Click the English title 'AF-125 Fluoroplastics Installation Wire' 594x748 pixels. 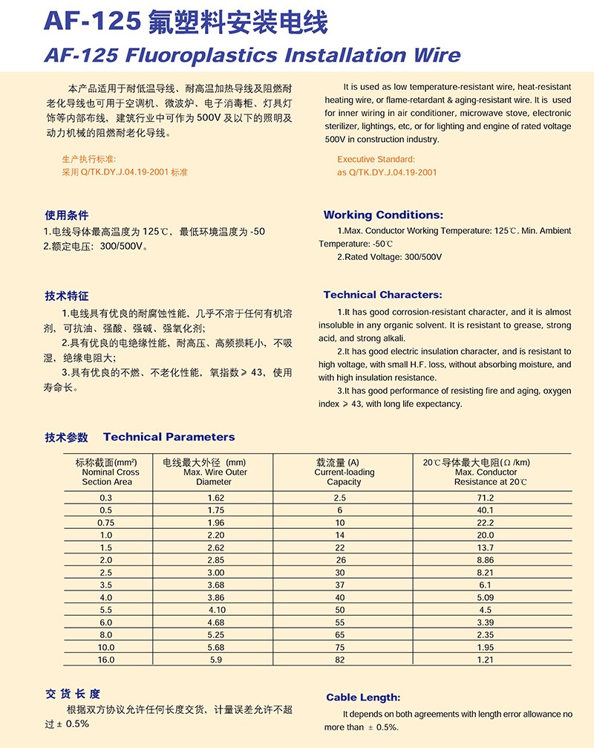252,54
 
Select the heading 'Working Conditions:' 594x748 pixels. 383,215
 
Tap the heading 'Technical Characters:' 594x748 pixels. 382,295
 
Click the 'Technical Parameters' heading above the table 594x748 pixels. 169,437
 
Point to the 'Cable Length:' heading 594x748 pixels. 363,697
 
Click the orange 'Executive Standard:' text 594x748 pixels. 376,159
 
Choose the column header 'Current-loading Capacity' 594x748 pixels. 344,472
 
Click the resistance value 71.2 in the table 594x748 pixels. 486,497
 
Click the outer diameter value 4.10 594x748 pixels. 215,609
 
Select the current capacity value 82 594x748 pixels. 340,659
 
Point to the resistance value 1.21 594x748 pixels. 486,659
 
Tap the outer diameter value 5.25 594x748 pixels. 215,634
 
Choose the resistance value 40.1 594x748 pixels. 486,510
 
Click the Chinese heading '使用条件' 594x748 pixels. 67,215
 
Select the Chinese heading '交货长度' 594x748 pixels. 72,694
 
